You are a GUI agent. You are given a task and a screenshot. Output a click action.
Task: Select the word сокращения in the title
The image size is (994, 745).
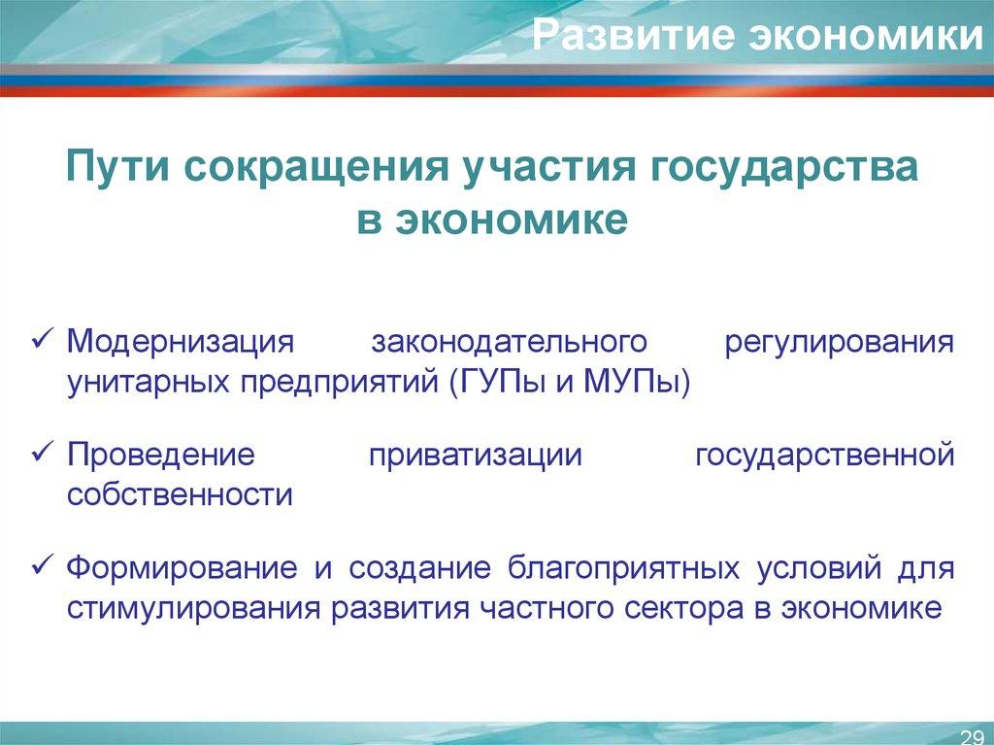click(x=309, y=166)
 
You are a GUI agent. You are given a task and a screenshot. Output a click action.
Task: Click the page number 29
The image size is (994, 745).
click(x=970, y=733)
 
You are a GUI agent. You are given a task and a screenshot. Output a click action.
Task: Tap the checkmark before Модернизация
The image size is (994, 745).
click(x=48, y=341)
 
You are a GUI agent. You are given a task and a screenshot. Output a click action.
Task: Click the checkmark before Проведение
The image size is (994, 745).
click(x=48, y=454)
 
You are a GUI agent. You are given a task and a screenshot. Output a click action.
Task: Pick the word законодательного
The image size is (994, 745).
click(x=510, y=343)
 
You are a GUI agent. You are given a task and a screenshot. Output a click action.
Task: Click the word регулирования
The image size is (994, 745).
click(x=839, y=343)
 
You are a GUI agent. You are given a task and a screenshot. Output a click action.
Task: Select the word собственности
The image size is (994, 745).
click(x=180, y=494)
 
